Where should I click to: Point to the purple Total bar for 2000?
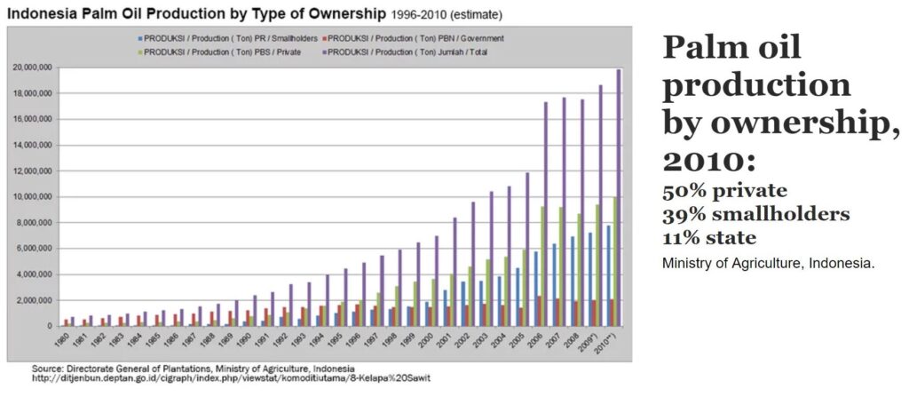pos(436,281)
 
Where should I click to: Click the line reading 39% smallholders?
pos(755,214)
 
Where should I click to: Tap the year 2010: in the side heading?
pos(701,159)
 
